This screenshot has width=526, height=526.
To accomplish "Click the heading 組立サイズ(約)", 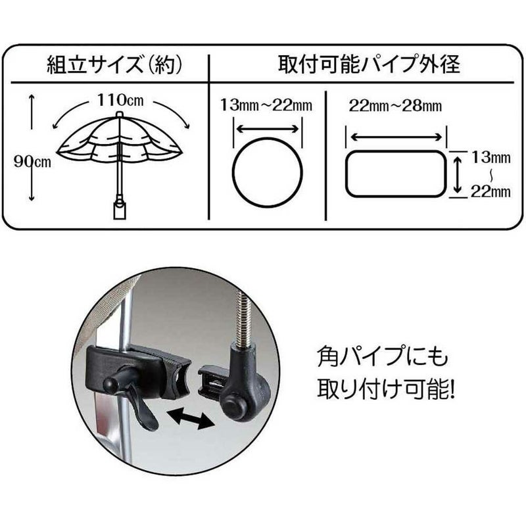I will [113, 66].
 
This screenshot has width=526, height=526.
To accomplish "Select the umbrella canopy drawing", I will [118, 141].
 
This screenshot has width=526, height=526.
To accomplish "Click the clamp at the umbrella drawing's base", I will [120, 209].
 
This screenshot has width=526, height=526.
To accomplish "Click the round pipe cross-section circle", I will [268, 173].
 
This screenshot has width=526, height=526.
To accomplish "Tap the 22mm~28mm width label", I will [395, 106].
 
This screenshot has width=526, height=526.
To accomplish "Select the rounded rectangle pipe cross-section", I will [395, 173].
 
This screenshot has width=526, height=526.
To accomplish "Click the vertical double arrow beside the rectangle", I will [456, 172].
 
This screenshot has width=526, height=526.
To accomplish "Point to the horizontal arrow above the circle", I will [268, 129].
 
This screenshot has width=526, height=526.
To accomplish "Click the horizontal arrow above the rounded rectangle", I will [396, 137].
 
